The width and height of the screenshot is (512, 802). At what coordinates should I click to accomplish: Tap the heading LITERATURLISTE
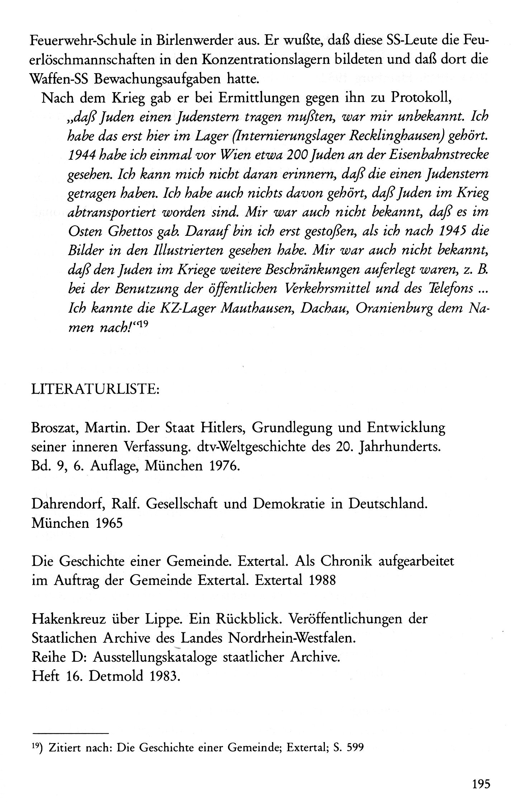[x=95, y=389]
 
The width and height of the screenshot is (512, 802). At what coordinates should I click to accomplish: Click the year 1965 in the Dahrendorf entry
[x=109, y=523]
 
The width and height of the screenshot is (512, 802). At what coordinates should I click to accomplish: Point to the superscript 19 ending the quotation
[x=142, y=324]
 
